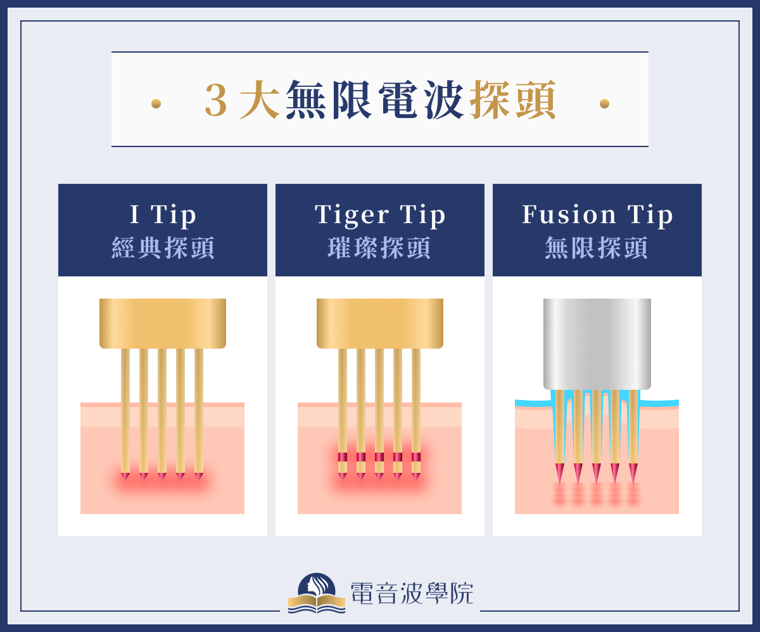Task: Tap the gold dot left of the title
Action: (156, 103)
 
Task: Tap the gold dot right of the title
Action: (604, 103)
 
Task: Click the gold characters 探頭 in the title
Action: (513, 101)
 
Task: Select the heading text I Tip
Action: (163, 215)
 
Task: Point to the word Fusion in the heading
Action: (569, 215)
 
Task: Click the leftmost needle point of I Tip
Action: (125, 476)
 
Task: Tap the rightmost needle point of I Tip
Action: (199, 476)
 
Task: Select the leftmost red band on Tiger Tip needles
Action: (343, 457)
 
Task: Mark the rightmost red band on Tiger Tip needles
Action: (416, 457)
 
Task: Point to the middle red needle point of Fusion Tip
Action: (597, 474)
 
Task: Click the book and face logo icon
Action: (317, 593)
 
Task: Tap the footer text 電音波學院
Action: (412, 593)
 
